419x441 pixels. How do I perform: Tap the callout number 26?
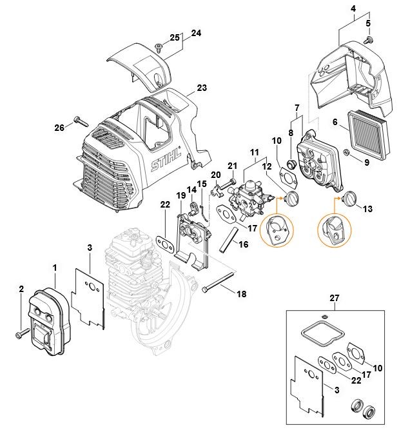point(59,128)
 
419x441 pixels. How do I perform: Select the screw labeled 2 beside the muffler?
point(22,333)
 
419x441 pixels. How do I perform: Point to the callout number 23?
point(202,88)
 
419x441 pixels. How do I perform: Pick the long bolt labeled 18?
point(218,282)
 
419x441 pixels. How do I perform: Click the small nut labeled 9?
point(346,153)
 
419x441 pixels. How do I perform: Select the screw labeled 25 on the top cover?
point(159,48)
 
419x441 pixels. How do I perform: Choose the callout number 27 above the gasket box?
point(335,298)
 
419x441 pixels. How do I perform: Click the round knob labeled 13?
point(350,198)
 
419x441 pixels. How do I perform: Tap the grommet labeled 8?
point(291,164)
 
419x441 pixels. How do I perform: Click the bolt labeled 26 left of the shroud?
point(81,121)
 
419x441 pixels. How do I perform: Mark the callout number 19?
point(181,195)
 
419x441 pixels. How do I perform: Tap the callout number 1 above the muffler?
point(55,268)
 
